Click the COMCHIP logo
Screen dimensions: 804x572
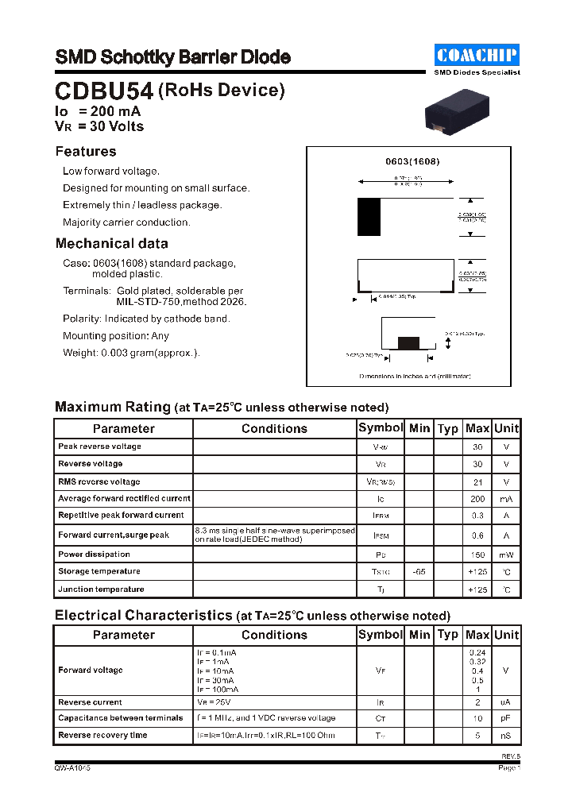[x=477, y=55]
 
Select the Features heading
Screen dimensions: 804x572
[x=86, y=152]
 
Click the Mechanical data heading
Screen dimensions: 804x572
[x=111, y=244]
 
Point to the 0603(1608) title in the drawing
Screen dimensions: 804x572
[x=412, y=161]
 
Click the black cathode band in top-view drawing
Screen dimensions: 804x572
[x=369, y=217]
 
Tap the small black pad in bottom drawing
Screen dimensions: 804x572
[x=408, y=342]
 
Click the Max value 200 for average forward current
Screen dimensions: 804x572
[x=477, y=499]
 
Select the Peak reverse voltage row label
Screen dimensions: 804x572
[x=99, y=446]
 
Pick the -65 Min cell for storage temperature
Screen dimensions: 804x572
[x=419, y=571]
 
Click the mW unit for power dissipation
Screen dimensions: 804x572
[x=506, y=555]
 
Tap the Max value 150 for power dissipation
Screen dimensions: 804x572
[x=477, y=555]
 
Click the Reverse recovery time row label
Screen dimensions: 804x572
[x=102, y=736]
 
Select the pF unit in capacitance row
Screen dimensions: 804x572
[x=506, y=718]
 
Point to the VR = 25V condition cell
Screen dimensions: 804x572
[x=214, y=702]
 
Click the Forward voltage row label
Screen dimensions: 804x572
[x=91, y=671]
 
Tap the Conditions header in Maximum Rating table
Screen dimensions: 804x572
[x=274, y=429]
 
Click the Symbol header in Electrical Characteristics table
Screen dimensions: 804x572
[x=381, y=635]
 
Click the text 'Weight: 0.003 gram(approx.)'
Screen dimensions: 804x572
[x=131, y=353]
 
